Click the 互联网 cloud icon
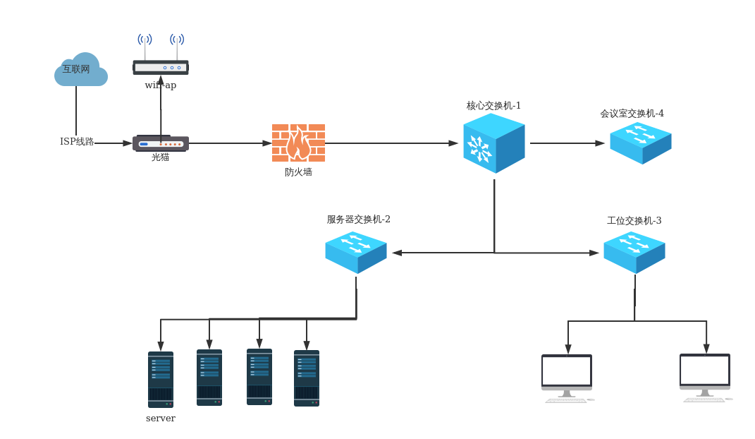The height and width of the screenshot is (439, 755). coord(81,70)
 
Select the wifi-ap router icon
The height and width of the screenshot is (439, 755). coord(161,67)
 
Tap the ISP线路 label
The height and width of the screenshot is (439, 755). coord(77,142)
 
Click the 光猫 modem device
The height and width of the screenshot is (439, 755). coord(161,143)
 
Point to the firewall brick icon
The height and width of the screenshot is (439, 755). coord(298,143)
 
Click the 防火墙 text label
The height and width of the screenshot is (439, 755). coord(298,172)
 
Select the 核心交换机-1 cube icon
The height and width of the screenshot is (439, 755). coord(493,143)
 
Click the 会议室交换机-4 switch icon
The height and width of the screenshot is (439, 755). coord(640,143)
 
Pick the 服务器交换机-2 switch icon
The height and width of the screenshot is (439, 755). coord(355,252)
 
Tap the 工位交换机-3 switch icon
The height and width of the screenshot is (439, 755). coord(634,252)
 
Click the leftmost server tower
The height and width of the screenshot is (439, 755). coord(161,380)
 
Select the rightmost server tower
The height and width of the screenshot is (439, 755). coord(307,378)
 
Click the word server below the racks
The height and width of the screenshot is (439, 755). coord(161,419)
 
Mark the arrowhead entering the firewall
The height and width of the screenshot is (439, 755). coord(267,143)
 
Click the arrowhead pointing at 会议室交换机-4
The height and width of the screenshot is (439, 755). coord(601,143)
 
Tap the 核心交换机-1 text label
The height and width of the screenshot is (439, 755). coord(493,106)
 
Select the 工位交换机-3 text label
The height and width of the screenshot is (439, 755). coord(634,220)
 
